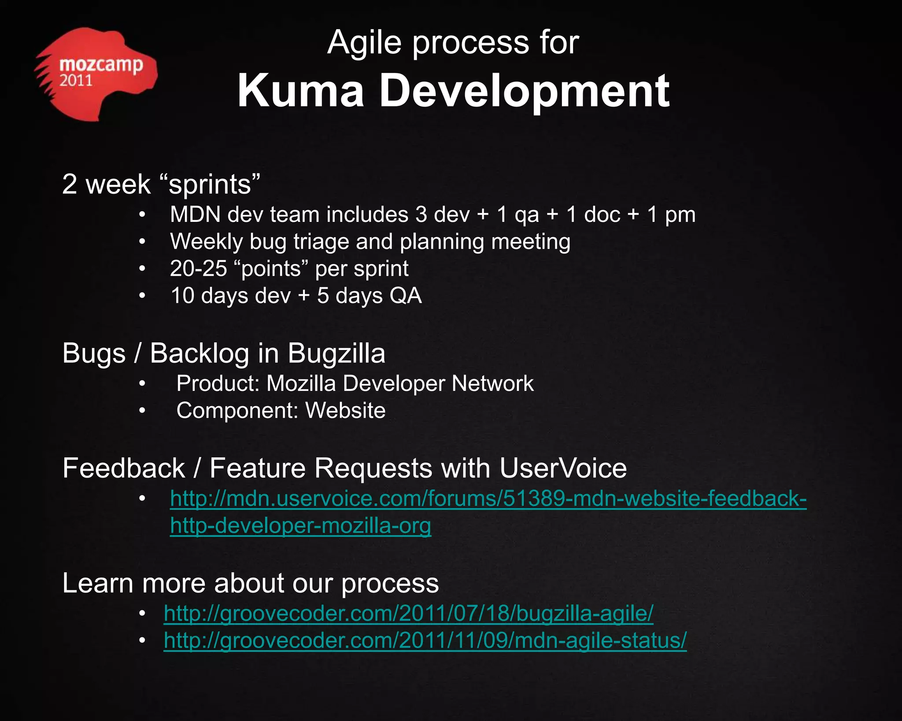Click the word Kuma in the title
click(x=301, y=91)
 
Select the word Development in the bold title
click(x=524, y=92)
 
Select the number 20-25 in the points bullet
click(x=198, y=269)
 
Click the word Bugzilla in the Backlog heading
click(x=336, y=353)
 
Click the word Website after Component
click(x=345, y=411)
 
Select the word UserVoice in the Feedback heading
click(x=562, y=468)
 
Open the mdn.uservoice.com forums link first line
click(x=488, y=499)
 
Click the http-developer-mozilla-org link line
click(x=300, y=526)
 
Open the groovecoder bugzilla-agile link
click(x=408, y=614)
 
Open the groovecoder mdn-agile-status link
click(x=425, y=640)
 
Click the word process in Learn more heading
click(x=390, y=584)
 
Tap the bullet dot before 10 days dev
click(x=142, y=296)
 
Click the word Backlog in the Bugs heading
click(x=200, y=353)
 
